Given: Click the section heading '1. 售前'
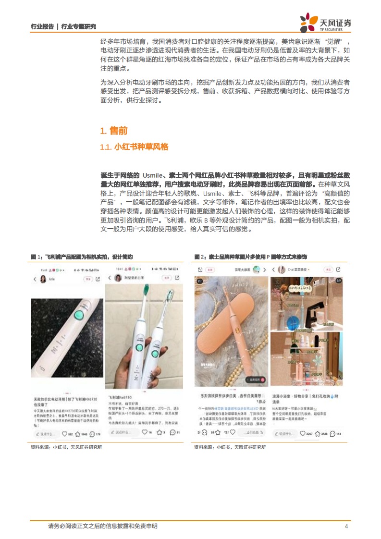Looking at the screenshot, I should pyautogui.click(x=113, y=131).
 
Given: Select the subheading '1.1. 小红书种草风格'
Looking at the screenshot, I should pyautogui.click(x=134, y=147).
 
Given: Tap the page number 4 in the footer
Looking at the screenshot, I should pyautogui.click(x=346, y=526).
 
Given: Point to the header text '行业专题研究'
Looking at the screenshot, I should pyautogui.click(x=79, y=27).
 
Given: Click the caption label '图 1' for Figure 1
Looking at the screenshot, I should pyautogui.click(x=37, y=257).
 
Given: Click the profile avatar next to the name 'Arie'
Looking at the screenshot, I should pyautogui.click(x=42, y=279).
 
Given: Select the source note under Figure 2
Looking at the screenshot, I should pyautogui.click(x=230, y=447).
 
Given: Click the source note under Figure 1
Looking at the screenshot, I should pyautogui.click(x=66, y=447).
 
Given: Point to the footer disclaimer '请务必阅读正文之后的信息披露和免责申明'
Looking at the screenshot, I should pyautogui.click(x=103, y=526).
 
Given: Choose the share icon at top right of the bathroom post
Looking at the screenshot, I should pyautogui.click(x=338, y=270).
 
